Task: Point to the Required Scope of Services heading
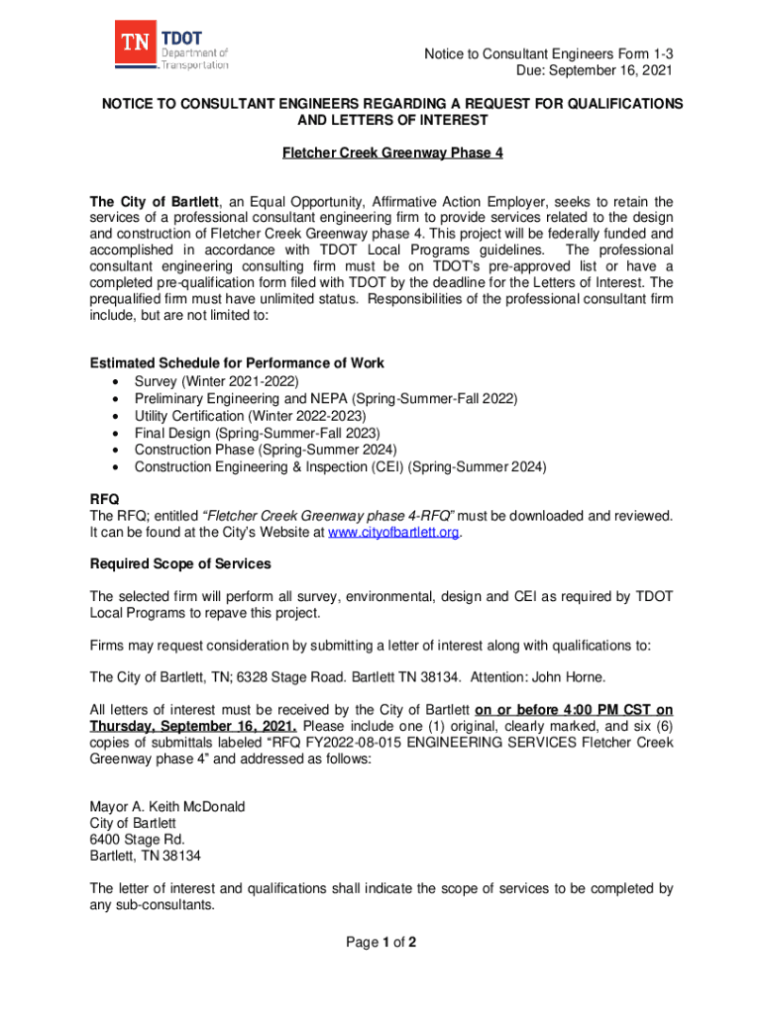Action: [180, 563]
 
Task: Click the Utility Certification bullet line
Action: [250, 415]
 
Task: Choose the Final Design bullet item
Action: [257, 433]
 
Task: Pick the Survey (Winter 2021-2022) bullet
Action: [216, 381]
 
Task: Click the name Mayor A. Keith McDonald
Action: [167, 806]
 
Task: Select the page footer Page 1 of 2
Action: [381, 942]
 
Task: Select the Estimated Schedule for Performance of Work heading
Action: [237, 362]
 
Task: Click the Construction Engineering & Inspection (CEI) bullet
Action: [340, 466]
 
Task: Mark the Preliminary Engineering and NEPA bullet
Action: [325, 398]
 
